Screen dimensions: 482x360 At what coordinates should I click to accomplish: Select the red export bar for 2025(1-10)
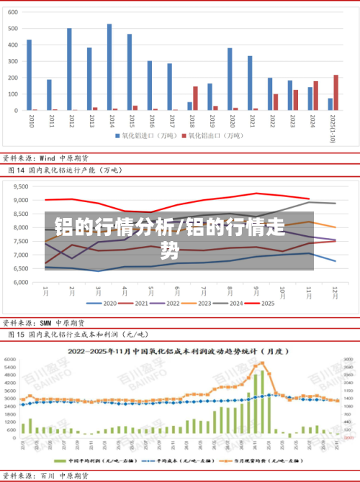336,93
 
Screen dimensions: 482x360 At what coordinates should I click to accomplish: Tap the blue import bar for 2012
69,69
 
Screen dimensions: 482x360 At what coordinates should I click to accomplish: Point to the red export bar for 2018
195,99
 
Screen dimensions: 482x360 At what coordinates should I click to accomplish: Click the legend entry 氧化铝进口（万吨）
140,135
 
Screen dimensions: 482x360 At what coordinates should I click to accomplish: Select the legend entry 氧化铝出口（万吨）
210,135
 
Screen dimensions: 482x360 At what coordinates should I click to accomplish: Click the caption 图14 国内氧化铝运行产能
65,170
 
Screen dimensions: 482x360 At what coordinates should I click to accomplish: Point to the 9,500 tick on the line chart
21,186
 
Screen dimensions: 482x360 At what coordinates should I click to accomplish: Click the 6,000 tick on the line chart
21,282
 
